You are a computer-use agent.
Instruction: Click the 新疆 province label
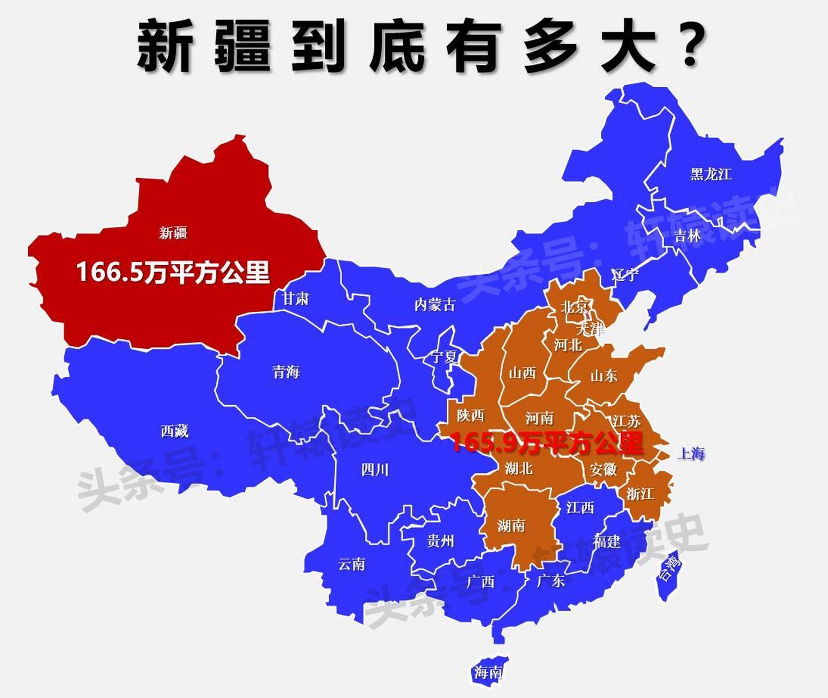[x=173, y=233]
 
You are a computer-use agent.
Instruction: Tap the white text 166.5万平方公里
[x=173, y=272]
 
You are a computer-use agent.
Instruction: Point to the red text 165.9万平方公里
[x=547, y=443]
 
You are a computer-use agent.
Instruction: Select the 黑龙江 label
[x=711, y=174]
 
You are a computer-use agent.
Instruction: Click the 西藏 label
[x=174, y=431]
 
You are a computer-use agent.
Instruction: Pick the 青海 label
[x=286, y=372]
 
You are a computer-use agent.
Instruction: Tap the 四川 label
[x=375, y=470]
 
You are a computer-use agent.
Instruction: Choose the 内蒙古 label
[x=435, y=305]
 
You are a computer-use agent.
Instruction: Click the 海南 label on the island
[x=488, y=672]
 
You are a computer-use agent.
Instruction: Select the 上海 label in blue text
[x=691, y=453]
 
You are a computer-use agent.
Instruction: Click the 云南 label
[x=351, y=564]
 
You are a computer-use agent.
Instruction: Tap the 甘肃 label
[x=296, y=298]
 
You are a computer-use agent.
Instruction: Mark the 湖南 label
[x=511, y=525]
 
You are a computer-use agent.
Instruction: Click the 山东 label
[x=604, y=375]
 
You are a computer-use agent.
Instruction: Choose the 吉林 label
[x=687, y=236]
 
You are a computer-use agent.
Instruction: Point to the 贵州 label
[x=440, y=541]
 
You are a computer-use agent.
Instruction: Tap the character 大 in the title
[x=628, y=47]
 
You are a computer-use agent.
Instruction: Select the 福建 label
[x=606, y=541]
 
